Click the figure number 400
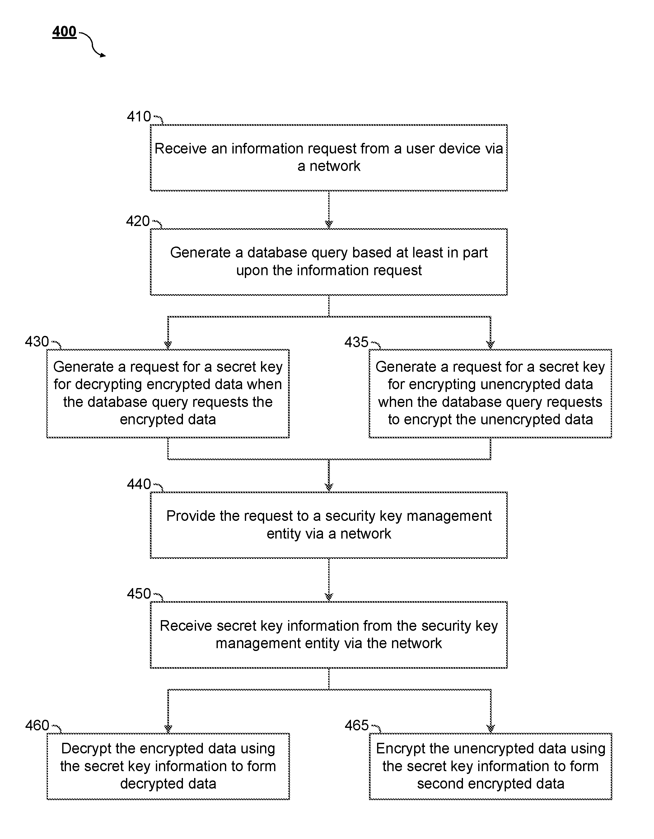(64, 31)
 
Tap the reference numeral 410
(139, 116)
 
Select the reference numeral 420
(138, 221)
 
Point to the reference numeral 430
(37, 342)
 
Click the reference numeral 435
(356, 342)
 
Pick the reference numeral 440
(139, 484)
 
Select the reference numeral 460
(37, 725)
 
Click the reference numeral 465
(357, 725)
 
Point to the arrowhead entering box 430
(168, 345)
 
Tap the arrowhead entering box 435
(490, 345)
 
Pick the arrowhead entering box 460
(168, 729)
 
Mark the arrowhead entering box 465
(490, 729)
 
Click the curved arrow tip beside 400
(105, 56)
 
